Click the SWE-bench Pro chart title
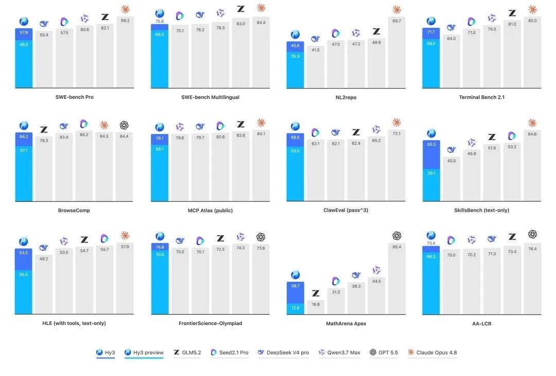(75, 97)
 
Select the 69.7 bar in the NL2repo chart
(397, 52)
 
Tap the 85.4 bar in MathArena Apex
(397, 279)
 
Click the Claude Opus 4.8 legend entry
(432, 352)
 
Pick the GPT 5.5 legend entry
(384, 352)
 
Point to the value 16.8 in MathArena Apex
(316, 304)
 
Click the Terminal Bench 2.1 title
(481, 97)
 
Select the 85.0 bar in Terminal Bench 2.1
(532, 52)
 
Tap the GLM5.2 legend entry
(187, 352)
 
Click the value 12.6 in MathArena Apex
(296, 307)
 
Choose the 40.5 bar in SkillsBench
(451, 179)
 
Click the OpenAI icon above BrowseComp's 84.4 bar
(124, 125)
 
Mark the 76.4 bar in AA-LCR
(532, 279)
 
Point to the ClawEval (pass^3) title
(346, 210)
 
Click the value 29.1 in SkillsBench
(431, 173)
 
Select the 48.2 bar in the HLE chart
(44, 284)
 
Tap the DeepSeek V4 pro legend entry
(283, 352)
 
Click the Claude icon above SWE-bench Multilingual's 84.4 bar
(261, 8)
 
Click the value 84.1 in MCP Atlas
(261, 134)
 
